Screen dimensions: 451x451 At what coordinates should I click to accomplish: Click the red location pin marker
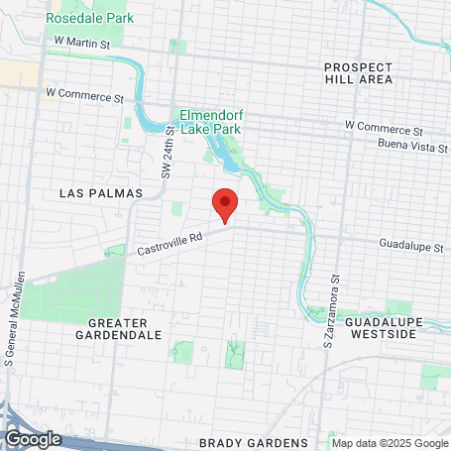click(x=225, y=203)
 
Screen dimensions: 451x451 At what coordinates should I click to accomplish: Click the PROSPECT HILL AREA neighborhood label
click(x=358, y=72)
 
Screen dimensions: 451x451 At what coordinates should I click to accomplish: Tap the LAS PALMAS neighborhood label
click(x=101, y=192)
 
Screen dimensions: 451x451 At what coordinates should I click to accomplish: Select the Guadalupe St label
click(x=410, y=244)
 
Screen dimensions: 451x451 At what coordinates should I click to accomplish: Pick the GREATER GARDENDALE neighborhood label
click(x=125, y=329)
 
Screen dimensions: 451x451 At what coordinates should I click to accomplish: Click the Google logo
click(x=33, y=438)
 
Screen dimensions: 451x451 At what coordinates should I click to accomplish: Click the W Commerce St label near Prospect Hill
click(x=383, y=129)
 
